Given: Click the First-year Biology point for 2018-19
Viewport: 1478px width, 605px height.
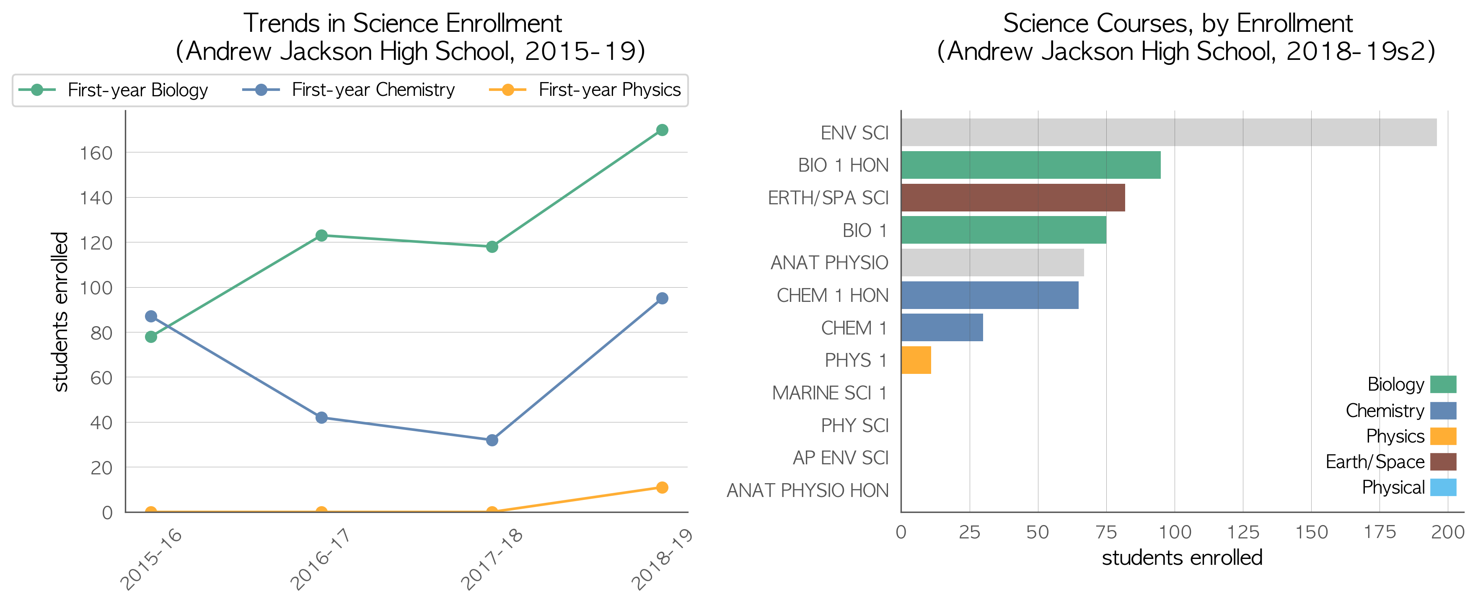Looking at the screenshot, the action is (x=662, y=130).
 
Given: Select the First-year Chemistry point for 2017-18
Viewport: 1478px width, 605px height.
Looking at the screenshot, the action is (x=492, y=440).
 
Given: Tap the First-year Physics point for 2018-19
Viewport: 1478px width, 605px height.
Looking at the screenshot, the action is (x=662, y=487).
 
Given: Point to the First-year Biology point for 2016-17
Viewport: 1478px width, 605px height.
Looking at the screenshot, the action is (x=321, y=236).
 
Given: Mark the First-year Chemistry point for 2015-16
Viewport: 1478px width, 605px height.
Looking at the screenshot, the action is (x=151, y=317).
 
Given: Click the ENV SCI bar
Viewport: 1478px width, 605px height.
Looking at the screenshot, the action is (x=1169, y=132).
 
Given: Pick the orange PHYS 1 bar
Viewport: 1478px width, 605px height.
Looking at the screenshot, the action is (x=916, y=360).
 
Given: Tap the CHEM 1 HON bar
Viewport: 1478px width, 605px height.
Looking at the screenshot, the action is (x=990, y=295).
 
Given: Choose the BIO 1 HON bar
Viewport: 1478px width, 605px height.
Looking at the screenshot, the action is (x=1031, y=165).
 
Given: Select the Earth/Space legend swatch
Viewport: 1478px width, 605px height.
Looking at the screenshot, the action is (x=1443, y=462).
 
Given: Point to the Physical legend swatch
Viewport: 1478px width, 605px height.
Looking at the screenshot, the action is (x=1443, y=487).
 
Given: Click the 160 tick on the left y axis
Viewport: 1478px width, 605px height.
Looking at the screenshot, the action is (x=96, y=153).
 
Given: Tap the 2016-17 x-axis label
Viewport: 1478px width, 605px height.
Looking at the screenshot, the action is (x=320, y=559).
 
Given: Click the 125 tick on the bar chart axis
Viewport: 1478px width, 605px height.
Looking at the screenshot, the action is (x=1243, y=532).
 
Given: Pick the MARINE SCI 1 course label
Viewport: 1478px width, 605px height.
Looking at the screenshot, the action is (x=830, y=393).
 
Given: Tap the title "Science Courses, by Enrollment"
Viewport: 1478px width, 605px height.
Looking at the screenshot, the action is (x=1178, y=23).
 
